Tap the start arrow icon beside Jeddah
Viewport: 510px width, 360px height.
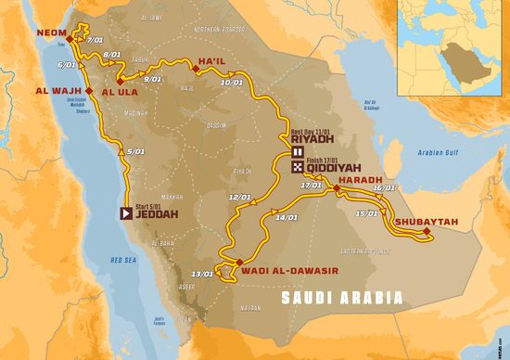click(125, 212)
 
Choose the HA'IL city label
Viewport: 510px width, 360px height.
click(212, 62)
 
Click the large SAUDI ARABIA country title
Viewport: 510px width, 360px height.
click(342, 299)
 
